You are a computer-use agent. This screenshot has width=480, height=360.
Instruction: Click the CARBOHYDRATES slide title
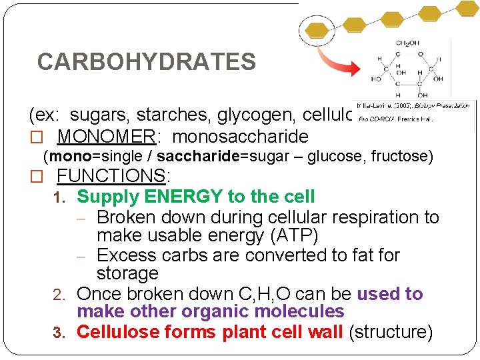(x=146, y=62)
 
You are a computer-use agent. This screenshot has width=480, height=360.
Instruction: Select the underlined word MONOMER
(x=106, y=137)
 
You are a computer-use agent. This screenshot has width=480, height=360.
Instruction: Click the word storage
(x=127, y=273)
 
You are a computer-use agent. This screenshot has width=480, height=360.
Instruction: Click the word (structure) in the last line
(x=391, y=331)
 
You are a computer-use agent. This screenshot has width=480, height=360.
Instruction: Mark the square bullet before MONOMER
(x=37, y=138)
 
